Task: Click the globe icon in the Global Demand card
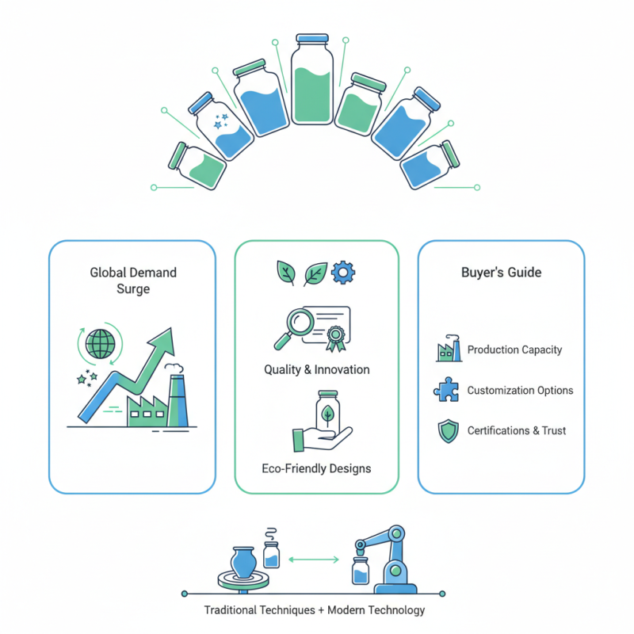pos(101,343)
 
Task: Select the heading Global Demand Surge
pos(132,281)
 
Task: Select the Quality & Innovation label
pos(316,370)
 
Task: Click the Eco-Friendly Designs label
pos(316,468)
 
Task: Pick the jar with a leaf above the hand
pos(325,412)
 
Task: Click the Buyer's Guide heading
pos(501,273)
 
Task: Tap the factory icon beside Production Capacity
pos(448,350)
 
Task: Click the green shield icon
pos(448,431)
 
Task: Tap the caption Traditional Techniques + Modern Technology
pos(315,610)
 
